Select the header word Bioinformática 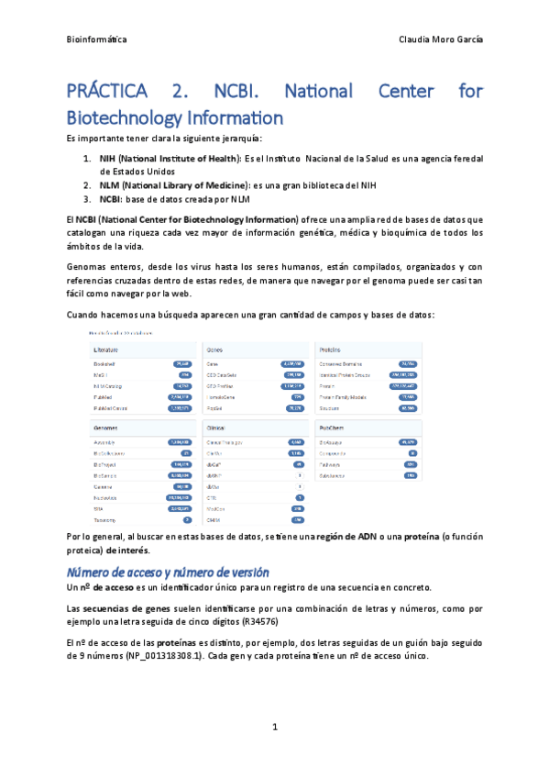[x=97, y=40]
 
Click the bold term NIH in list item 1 [x=108, y=159]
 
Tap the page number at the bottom [x=274, y=728]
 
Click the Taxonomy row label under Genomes [x=104, y=520]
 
